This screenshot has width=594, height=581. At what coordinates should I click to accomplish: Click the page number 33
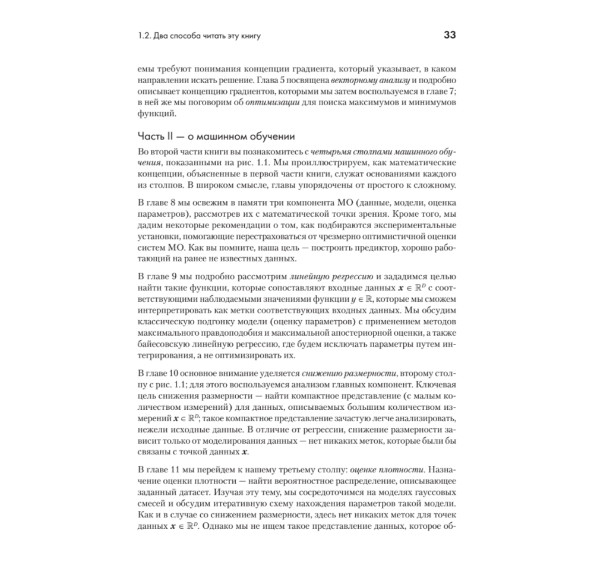click(449, 36)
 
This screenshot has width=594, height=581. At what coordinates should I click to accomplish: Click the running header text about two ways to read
click(199, 36)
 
